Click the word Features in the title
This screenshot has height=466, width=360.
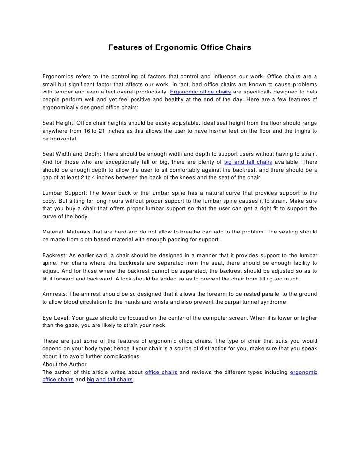pos(123,48)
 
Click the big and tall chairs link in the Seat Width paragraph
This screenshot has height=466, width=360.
pos(248,162)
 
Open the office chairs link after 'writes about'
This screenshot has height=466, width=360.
pos(162,372)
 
